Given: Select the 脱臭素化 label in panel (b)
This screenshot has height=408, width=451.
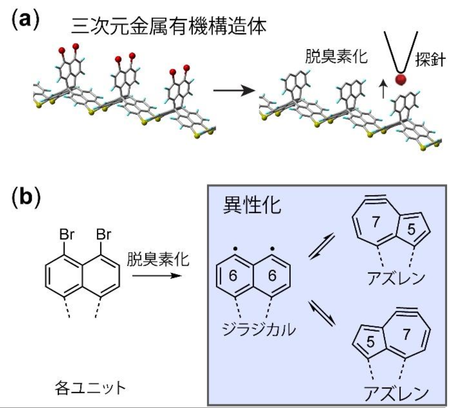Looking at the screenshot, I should tap(158, 260).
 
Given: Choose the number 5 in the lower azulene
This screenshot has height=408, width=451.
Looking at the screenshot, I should tap(370, 342).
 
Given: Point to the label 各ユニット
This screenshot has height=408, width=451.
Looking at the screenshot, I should tap(91, 388).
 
